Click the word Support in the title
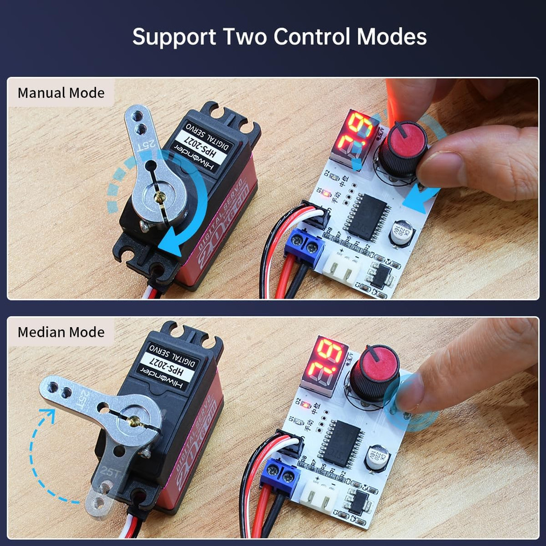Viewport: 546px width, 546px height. (173, 37)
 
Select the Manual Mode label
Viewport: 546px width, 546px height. (61, 93)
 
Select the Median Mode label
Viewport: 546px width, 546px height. (61, 332)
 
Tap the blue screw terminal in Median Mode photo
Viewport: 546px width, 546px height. (280, 474)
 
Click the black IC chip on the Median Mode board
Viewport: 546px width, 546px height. (340, 443)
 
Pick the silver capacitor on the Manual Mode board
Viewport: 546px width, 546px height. (402, 233)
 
